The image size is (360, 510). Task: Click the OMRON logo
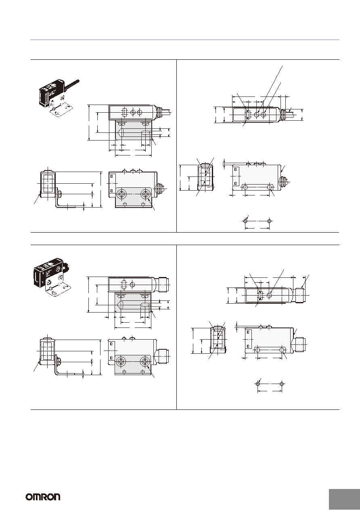(x=43, y=497)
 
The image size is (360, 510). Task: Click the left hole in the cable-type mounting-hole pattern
(x=245, y=221)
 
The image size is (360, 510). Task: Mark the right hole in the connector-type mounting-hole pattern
(x=282, y=384)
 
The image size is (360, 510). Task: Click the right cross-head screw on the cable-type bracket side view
(x=145, y=194)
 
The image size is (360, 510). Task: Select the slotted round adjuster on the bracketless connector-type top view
(x=270, y=295)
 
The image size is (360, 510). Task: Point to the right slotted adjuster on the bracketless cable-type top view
(x=264, y=115)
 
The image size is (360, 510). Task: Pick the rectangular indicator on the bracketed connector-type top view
(x=123, y=285)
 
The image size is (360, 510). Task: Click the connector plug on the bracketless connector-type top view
(x=300, y=295)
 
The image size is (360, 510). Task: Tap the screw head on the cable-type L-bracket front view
(x=60, y=194)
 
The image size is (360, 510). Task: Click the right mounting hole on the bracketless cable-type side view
(x=270, y=187)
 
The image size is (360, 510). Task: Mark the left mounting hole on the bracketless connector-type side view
(x=257, y=349)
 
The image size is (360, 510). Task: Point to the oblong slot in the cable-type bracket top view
(x=146, y=133)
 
